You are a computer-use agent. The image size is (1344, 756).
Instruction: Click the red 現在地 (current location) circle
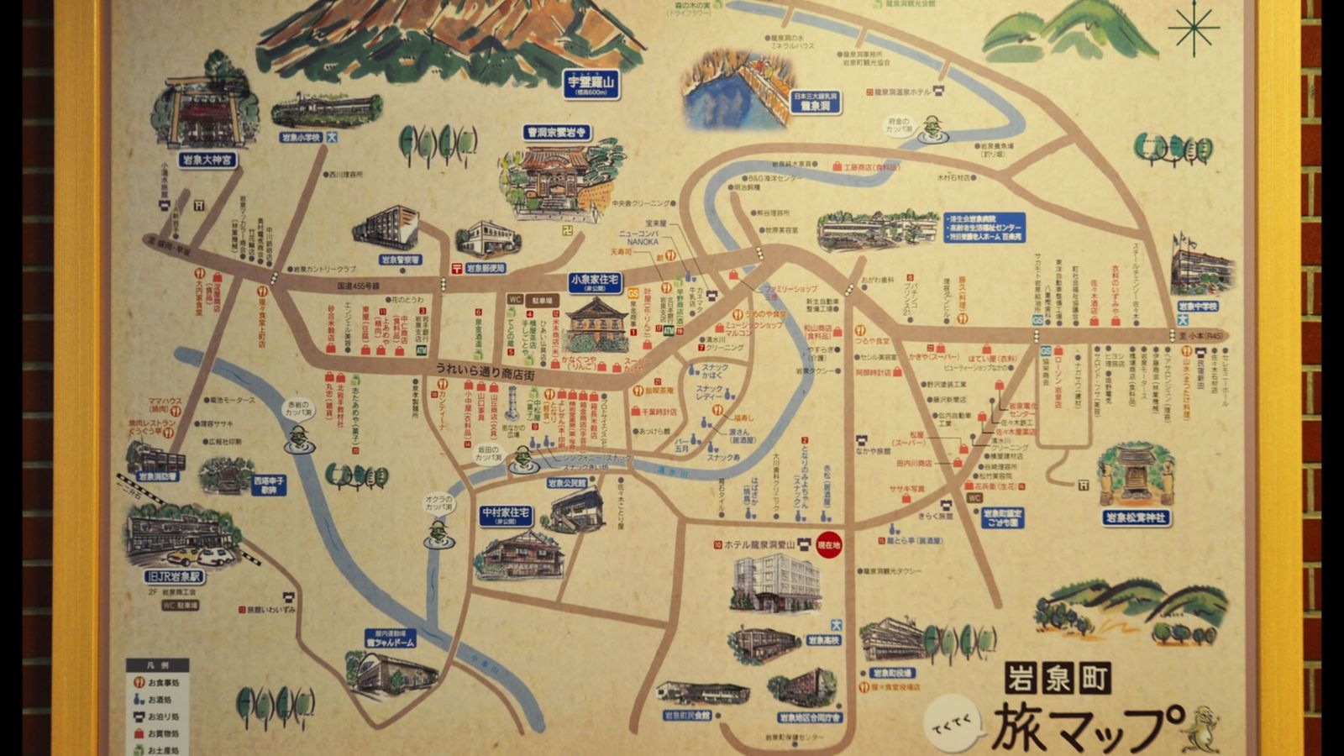tap(828, 544)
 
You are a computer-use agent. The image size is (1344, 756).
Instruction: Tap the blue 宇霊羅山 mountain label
tap(592, 84)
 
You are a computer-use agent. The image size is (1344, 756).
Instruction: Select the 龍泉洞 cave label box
tap(816, 102)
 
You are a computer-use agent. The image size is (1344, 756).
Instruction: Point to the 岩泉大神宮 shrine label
tap(207, 159)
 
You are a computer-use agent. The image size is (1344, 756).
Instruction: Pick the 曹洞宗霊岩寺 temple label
tap(556, 133)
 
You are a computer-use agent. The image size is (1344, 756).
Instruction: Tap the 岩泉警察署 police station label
tap(400, 260)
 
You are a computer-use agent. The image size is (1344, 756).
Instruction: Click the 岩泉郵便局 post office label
tap(486, 268)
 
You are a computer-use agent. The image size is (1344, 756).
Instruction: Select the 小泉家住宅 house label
tap(595, 281)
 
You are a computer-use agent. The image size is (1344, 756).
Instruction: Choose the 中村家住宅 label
tap(506, 515)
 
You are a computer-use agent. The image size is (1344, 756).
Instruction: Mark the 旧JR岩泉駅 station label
tap(175, 577)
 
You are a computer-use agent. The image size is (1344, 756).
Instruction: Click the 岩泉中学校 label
tap(1197, 307)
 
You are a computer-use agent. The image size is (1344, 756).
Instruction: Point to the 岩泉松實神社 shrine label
tap(1137, 517)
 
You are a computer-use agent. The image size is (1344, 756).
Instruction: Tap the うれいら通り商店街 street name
tap(485, 370)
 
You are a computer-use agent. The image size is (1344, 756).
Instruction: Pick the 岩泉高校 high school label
tap(823, 640)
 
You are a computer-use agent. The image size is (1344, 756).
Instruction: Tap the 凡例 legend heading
tap(157, 664)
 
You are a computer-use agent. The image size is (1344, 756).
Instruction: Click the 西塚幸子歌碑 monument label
tap(269, 485)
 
